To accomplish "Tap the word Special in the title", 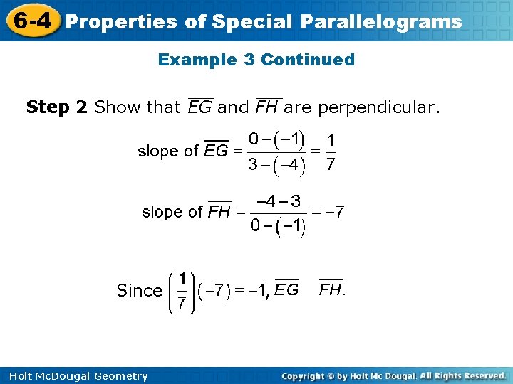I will (x=258, y=22).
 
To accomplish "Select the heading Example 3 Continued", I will (x=256, y=60).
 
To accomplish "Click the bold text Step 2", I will (x=57, y=107).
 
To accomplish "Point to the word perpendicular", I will (x=378, y=108).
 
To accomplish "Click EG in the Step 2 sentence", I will (x=200, y=107).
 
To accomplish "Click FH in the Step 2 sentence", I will (x=269, y=107).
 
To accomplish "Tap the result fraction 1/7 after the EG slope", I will (x=330, y=151).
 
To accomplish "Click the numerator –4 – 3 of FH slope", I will (x=278, y=201).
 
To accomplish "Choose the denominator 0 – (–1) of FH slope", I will (x=278, y=227).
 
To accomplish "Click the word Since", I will (x=139, y=290).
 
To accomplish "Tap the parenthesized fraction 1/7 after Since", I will (x=182, y=290).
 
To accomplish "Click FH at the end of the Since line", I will (x=331, y=289).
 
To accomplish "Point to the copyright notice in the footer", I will (x=393, y=375).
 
